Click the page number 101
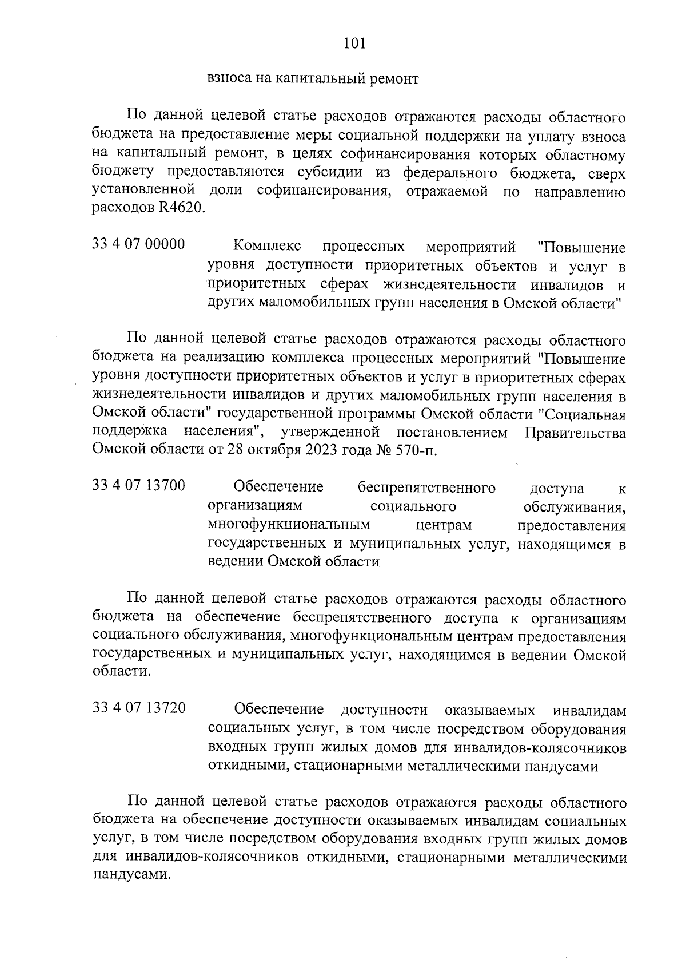tap(354, 43)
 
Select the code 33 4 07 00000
tap(138, 244)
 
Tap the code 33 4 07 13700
tap(138, 486)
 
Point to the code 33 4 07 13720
tap(138, 708)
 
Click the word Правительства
tap(575, 433)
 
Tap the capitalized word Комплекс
tap(267, 247)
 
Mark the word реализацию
tap(223, 359)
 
